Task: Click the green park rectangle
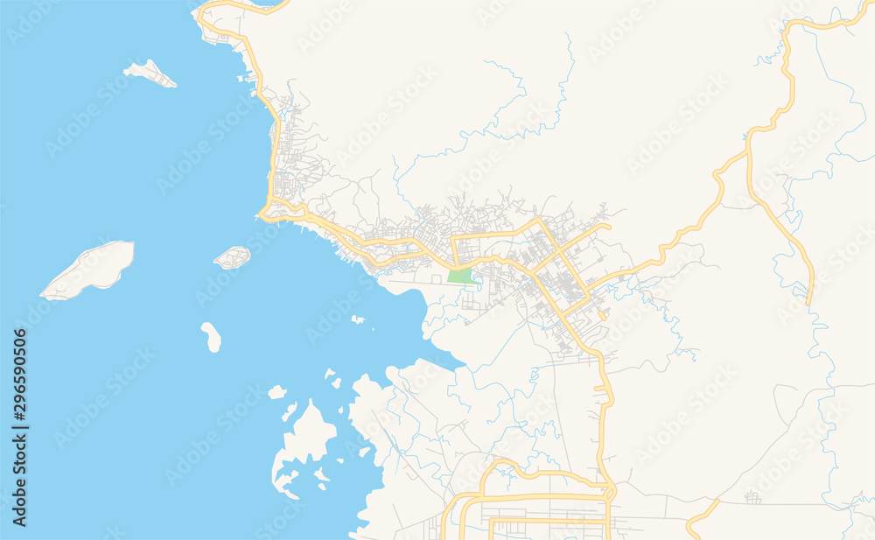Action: pos(459,276)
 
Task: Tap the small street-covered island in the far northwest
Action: pos(150,74)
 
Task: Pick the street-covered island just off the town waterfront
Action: pos(232,257)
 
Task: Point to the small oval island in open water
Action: pos(211,336)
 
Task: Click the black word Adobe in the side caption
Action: pos(19,504)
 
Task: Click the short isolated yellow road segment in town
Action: pos(604,315)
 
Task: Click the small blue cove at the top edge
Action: pos(267,3)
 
